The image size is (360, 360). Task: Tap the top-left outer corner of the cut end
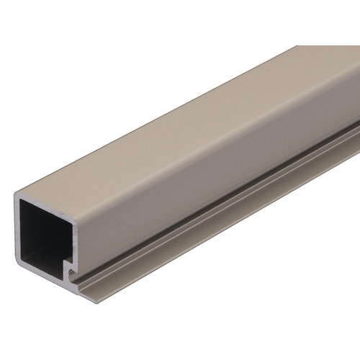(x=14, y=193)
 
